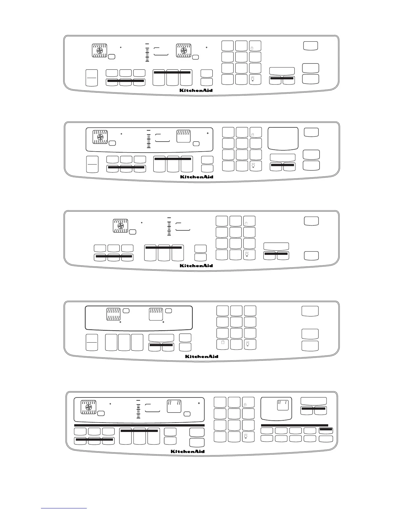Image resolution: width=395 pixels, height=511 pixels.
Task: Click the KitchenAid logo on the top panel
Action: click(x=196, y=90)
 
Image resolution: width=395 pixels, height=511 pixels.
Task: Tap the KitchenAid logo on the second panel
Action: click(x=196, y=177)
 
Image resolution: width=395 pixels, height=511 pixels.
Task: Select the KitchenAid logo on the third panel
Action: click(x=196, y=266)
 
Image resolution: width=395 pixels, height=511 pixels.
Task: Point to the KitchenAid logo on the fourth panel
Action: click(x=202, y=356)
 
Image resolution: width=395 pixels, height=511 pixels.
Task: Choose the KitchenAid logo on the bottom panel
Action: click(x=187, y=451)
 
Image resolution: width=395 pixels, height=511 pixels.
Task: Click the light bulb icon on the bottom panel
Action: click(x=246, y=437)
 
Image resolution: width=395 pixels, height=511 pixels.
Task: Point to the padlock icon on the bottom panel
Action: click(x=245, y=404)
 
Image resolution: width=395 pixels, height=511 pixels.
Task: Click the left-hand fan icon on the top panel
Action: click(x=100, y=51)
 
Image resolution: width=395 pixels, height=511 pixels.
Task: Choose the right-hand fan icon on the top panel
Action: click(x=184, y=51)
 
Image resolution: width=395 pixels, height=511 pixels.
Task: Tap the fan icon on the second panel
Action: click(x=100, y=137)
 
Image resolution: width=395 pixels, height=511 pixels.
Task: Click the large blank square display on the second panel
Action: click(x=283, y=138)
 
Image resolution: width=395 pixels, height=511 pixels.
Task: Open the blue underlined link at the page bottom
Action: click(x=64, y=508)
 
